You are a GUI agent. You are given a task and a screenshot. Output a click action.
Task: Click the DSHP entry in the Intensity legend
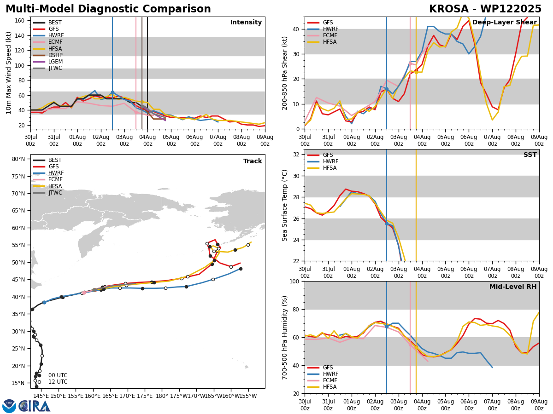48,55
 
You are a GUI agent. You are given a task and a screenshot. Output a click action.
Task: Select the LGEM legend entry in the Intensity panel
48,62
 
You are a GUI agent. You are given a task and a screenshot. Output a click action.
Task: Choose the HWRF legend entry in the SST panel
323,161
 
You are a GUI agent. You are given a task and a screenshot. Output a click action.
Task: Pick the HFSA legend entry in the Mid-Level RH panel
322,387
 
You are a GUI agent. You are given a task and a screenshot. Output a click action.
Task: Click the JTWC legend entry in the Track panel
47,193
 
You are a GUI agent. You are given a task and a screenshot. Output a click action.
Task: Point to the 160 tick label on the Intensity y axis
19,21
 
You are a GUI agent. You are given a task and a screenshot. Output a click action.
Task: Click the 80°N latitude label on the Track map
18,159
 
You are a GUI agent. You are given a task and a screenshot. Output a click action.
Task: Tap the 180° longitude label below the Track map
162,396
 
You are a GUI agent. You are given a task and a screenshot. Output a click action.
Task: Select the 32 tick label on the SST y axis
296,155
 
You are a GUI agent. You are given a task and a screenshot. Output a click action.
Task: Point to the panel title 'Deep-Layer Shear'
504,22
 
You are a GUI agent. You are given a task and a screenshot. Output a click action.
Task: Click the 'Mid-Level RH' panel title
513,287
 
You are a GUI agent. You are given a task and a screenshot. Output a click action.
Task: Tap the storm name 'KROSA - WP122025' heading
485,9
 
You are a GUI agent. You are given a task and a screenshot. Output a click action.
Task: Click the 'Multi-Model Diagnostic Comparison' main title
108,9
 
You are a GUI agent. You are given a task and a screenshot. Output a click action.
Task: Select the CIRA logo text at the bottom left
34,406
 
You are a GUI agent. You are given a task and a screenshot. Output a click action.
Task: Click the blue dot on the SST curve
387,224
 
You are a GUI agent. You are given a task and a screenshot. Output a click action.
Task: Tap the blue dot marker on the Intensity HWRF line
112,92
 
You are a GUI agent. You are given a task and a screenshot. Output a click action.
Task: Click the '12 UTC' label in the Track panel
58,382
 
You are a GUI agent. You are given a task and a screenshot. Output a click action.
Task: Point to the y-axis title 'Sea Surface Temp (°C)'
284,206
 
